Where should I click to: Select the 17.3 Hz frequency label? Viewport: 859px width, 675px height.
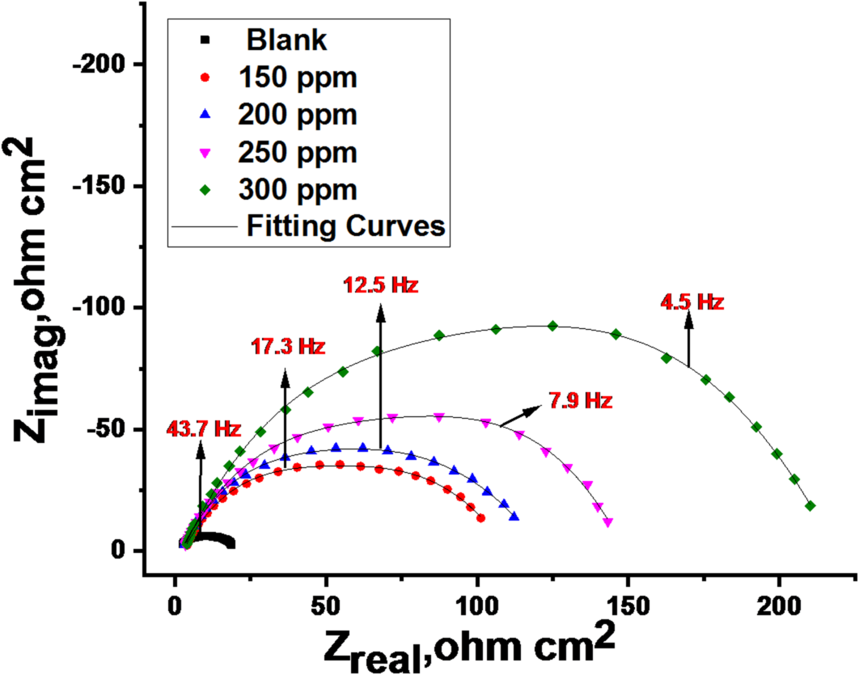tap(288, 347)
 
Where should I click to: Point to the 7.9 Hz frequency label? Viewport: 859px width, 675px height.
tap(581, 400)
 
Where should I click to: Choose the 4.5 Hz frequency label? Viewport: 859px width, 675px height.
tap(691, 302)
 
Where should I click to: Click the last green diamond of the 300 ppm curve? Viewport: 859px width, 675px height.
tap(810, 506)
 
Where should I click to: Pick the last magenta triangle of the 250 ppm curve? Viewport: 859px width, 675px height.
tap(607, 522)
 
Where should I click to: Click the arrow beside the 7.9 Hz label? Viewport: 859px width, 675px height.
tap(522, 416)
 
